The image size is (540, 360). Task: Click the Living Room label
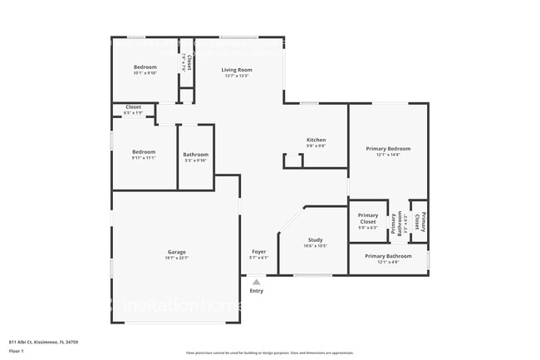[x=237, y=70]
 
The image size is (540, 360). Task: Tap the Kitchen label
[x=316, y=140]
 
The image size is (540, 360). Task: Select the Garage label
[x=176, y=252]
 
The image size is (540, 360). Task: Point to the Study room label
[x=316, y=240]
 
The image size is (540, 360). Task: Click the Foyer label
[x=259, y=251]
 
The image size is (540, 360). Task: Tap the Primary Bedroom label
[x=388, y=149]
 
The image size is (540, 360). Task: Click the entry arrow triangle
[x=256, y=283]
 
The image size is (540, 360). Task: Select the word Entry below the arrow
[x=256, y=291]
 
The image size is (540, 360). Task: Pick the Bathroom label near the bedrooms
[x=195, y=155]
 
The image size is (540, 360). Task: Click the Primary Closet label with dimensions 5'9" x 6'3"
[x=368, y=219]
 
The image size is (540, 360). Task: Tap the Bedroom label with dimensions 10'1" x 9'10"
[x=145, y=67]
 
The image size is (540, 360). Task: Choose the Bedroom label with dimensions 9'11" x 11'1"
[x=144, y=152]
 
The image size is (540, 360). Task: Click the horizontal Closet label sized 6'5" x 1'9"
[x=133, y=107]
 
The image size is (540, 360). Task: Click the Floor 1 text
[x=17, y=352]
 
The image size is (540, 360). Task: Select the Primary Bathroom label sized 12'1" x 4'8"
[x=388, y=256]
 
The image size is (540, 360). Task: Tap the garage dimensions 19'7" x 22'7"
[x=176, y=258]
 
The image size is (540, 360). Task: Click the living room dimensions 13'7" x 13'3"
[x=237, y=76]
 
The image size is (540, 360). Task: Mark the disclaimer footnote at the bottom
[x=269, y=353]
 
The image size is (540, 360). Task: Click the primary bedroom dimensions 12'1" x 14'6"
[x=388, y=155]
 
